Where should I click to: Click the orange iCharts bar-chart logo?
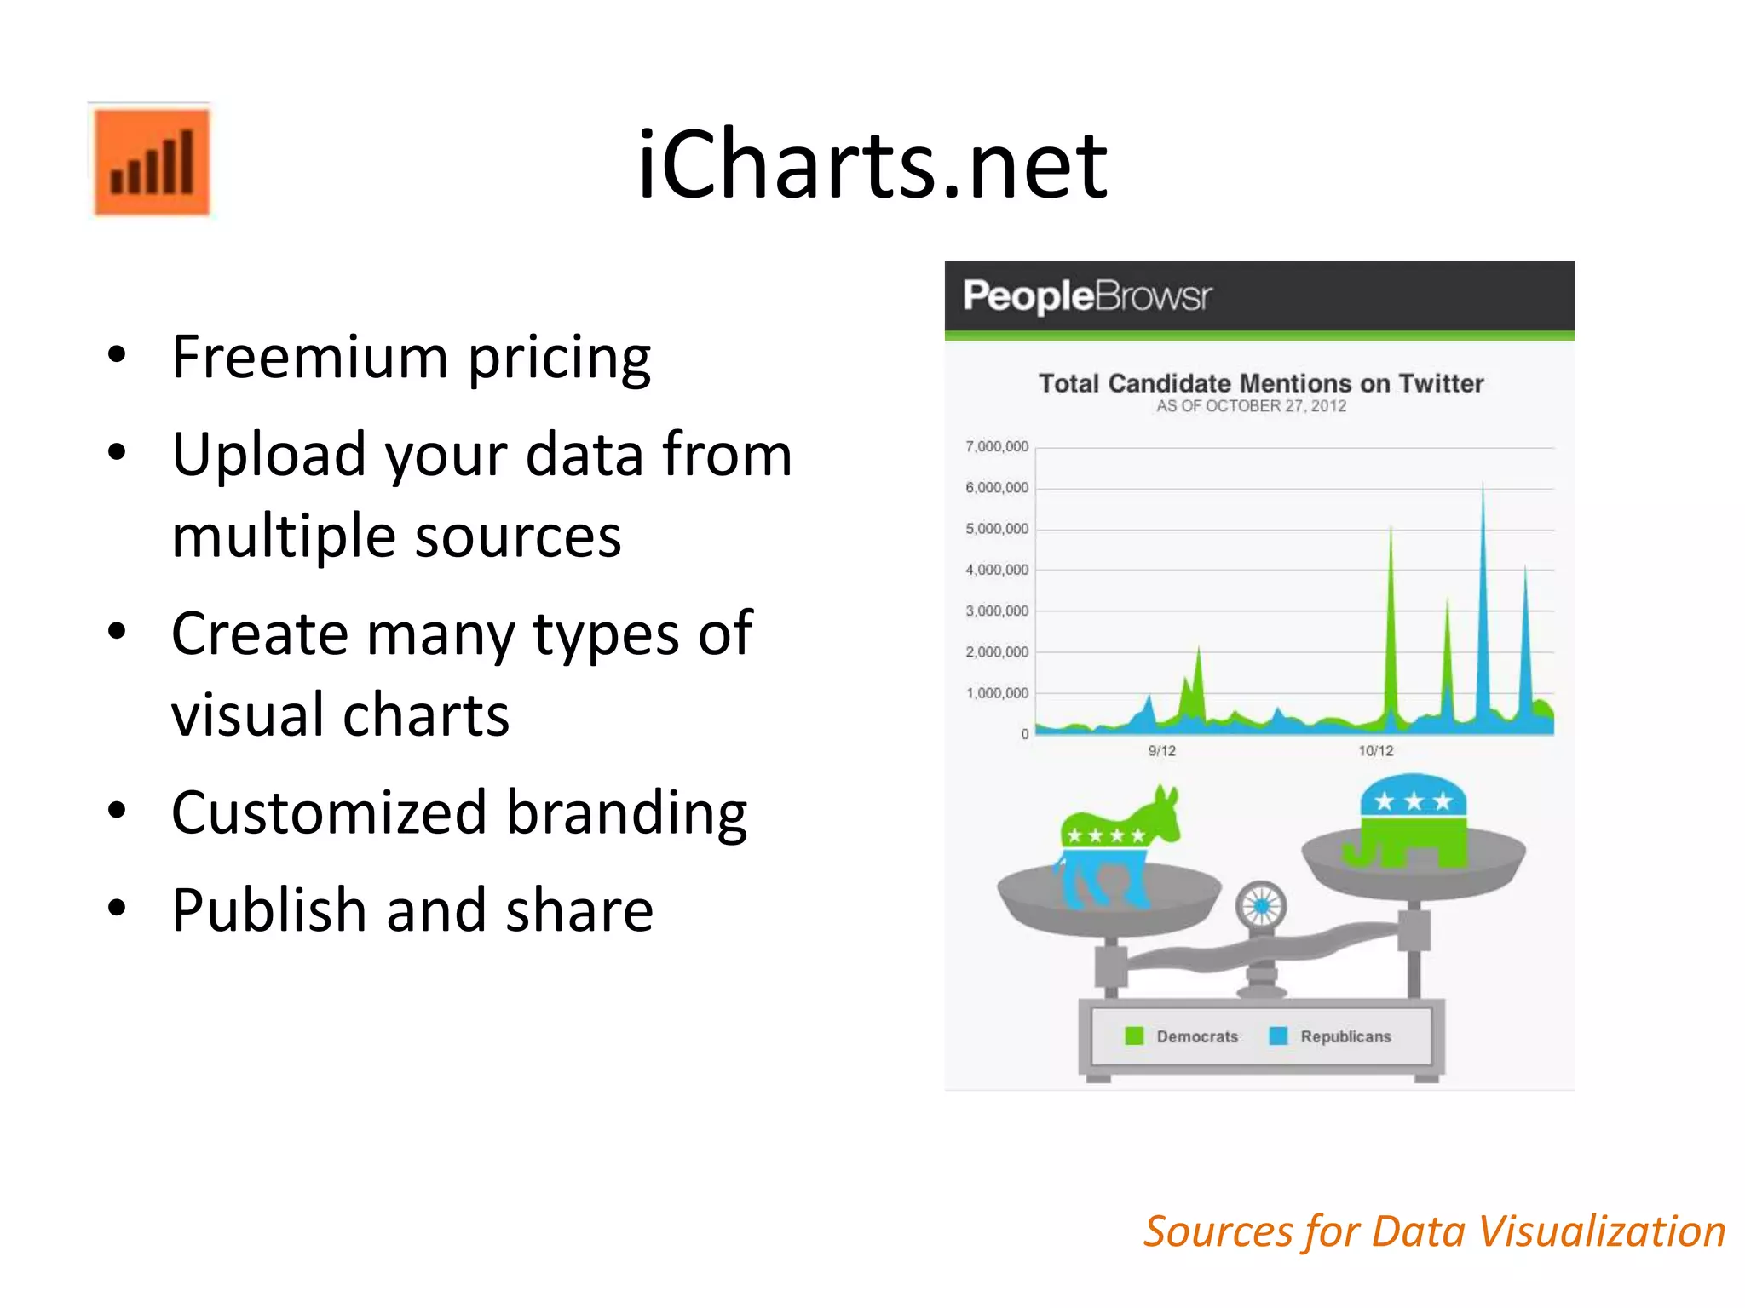151,161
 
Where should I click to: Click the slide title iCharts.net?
872,163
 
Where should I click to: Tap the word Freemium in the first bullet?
309,357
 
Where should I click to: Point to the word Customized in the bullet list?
329,812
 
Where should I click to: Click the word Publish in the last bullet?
269,910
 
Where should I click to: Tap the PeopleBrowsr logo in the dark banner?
1086,296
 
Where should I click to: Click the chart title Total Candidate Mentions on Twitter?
1260,383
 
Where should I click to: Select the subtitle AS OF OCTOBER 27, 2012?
1251,406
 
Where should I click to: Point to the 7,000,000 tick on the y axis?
996,447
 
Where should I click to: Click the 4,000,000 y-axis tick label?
996,570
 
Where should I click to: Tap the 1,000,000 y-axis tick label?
996,693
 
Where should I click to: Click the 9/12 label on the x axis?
1161,751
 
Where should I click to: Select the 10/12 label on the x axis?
1375,751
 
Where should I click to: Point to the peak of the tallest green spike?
1391,528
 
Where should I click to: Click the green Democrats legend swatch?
1134,1035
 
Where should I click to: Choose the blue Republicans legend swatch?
1278,1035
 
